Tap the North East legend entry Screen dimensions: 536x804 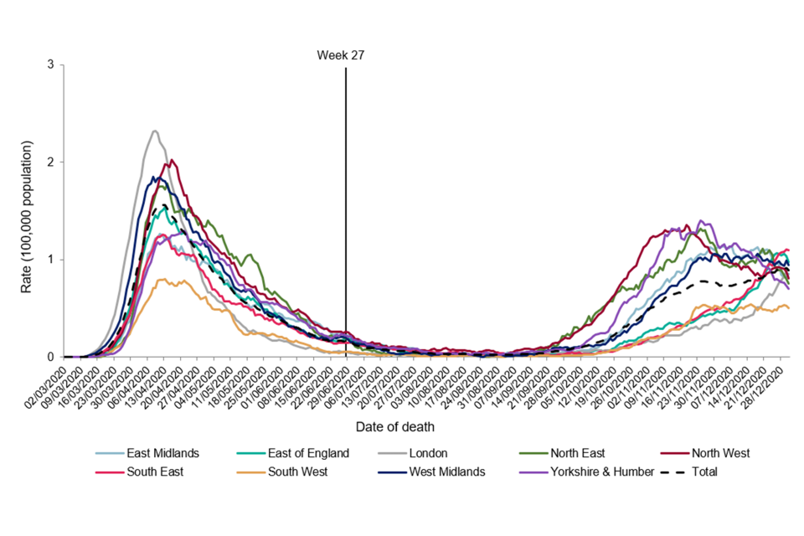coord(585,453)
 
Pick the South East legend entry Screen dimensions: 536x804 coord(157,472)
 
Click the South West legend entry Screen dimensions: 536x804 coord(297,472)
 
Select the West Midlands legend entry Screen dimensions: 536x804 coord(446,472)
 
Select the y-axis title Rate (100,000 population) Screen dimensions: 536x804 coord(28,216)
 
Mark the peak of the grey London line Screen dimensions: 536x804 coord(155,131)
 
